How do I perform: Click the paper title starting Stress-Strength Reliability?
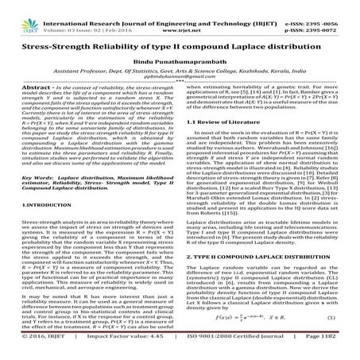[x=180, y=40]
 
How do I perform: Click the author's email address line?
[x=180, y=80]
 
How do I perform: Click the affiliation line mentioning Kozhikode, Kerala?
[x=180, y=72]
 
